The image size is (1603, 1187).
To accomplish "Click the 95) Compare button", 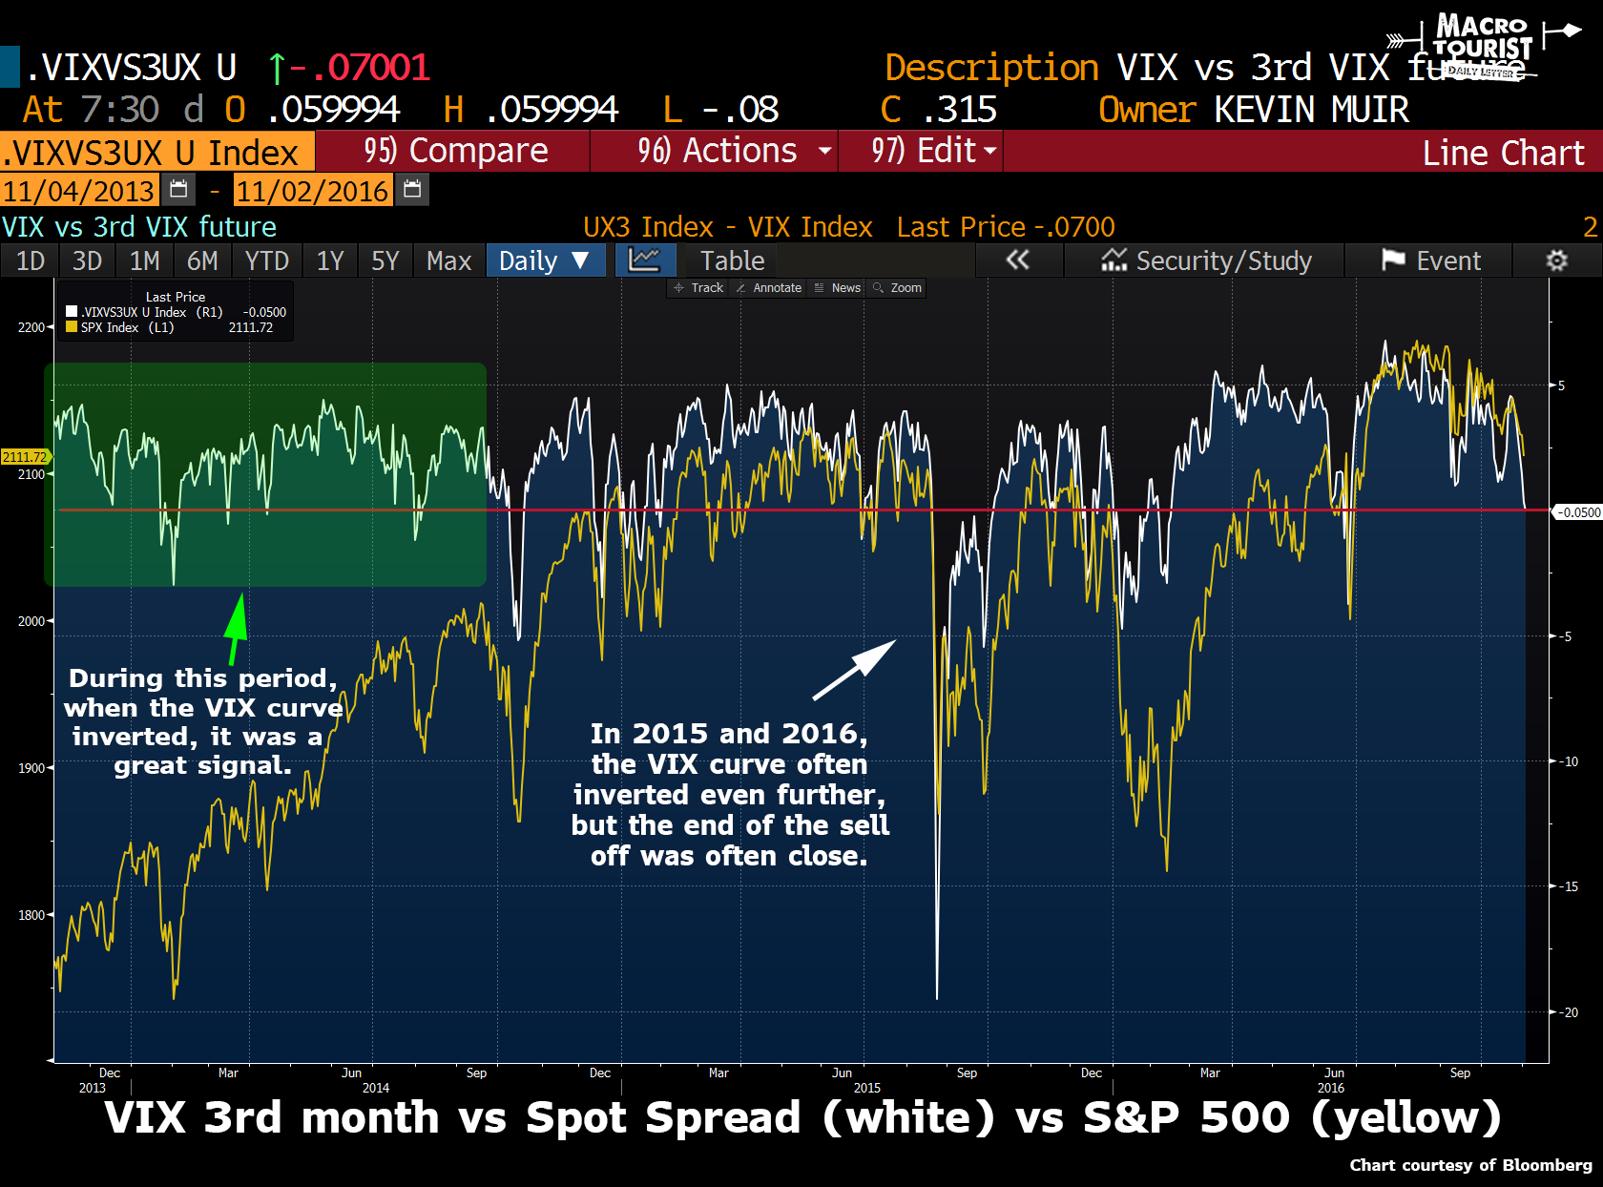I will tap(454, 152).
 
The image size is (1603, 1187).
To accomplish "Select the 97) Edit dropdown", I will tap(922, 152).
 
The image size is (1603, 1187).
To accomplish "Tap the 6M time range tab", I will tap(202, 260).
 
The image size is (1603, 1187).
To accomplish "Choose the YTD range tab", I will tap(266, 260).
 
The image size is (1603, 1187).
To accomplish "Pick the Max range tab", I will tap(448, 260).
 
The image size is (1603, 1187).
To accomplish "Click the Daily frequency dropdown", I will tap(545, 260).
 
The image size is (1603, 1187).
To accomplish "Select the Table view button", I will tap(732, 260).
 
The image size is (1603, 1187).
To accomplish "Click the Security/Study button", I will tap(1206, 260).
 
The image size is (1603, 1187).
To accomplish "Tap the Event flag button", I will tap(1431, 260).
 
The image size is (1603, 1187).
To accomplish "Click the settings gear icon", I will tap(1556, 260).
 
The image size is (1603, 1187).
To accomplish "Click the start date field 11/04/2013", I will tap(78, 191).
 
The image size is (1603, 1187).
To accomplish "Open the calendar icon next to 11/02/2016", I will tap(412, 190).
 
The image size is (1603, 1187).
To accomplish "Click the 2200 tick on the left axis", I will tap(31, 327).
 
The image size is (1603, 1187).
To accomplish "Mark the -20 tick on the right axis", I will tap(1569, 1012).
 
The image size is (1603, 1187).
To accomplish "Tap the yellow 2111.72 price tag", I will tap(24, 457).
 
